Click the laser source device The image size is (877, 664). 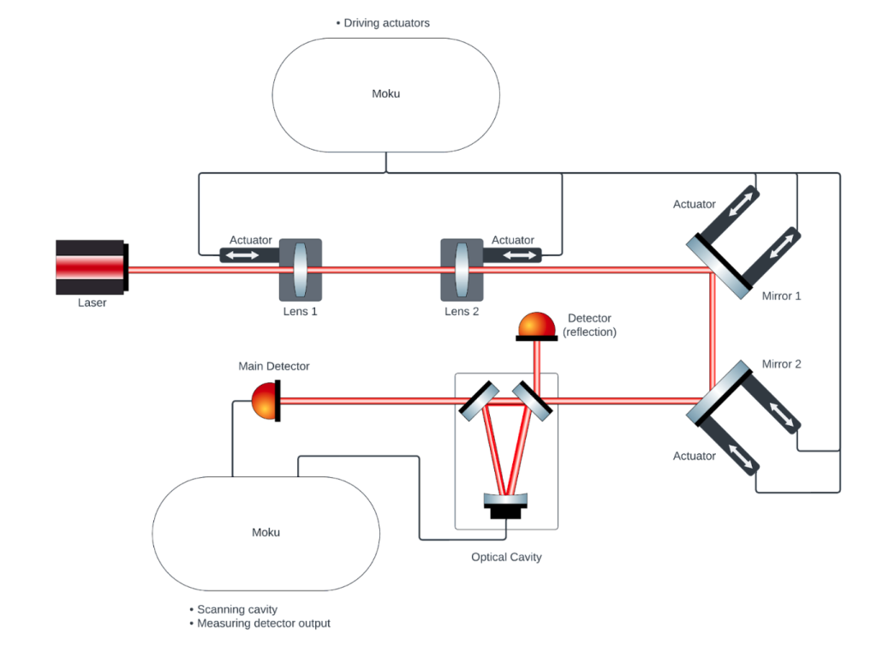(92, 266)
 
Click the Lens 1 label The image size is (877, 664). (301, 311)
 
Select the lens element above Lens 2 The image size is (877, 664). (462, 269)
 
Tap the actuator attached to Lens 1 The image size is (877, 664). (250, 254)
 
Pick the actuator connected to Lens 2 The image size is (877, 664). (512, 254)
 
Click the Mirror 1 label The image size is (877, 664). (781, 296)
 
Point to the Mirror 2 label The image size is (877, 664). (781, 364)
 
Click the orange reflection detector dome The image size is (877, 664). (536, 326)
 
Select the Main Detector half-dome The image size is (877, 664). (265, 399)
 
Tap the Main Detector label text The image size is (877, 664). (274, 366)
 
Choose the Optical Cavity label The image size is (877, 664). (506, 557)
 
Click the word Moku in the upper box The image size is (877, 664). (385, 93)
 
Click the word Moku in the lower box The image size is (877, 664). (265, 532)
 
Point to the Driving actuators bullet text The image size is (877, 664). (386, 23)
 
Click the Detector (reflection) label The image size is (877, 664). (589, 325)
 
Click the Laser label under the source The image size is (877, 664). (92, 302)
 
